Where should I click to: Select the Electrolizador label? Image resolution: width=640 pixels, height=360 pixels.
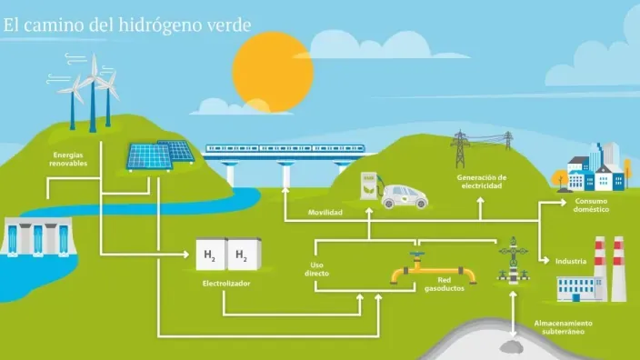point(226,283)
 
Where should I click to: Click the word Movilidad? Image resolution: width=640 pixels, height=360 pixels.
point(325,212)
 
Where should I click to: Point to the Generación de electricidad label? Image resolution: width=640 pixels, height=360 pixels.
point(481,181)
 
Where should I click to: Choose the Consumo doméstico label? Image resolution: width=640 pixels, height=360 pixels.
point(591,205)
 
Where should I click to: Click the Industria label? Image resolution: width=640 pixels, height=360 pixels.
point(571,262)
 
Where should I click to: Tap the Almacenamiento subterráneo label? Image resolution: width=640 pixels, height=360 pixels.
point(563,326)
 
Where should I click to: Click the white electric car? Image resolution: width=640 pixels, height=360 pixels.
point(405,195)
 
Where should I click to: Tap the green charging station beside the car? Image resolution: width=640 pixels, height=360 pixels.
point(370,187)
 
